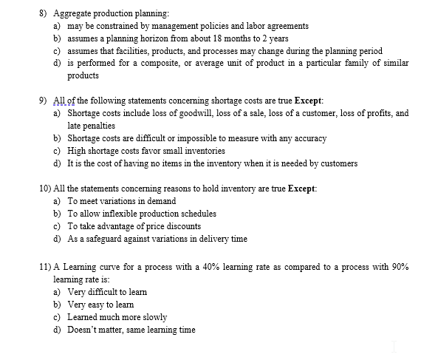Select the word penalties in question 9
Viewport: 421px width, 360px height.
(86, 126)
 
